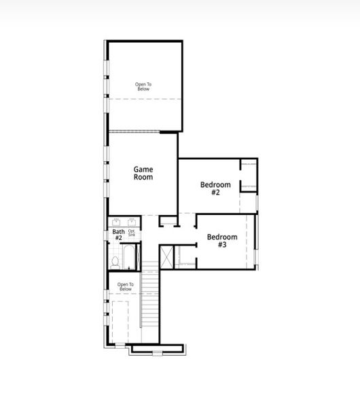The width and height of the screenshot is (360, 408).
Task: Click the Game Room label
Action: tap(143, 173)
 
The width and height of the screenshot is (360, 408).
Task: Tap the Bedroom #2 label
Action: tap(215, 188)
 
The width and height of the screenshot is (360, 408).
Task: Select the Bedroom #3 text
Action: tap(222, 240)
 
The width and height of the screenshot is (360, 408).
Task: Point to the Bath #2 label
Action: tap(118, 235)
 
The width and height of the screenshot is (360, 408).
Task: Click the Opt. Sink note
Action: tap(132, 233)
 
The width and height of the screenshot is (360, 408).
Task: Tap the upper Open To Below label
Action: tap(143, 86)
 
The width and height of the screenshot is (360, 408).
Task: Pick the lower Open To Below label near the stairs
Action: tap(125, 286)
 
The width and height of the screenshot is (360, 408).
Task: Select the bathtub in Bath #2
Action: tap(130, 259)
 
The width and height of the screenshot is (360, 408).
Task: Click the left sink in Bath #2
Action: tap(117, 222)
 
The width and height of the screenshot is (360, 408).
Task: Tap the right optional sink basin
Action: tap(131, 222)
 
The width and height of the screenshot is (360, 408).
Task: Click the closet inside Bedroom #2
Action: tap(249, 174)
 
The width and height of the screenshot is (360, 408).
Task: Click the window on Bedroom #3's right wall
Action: tap(256, 241)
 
